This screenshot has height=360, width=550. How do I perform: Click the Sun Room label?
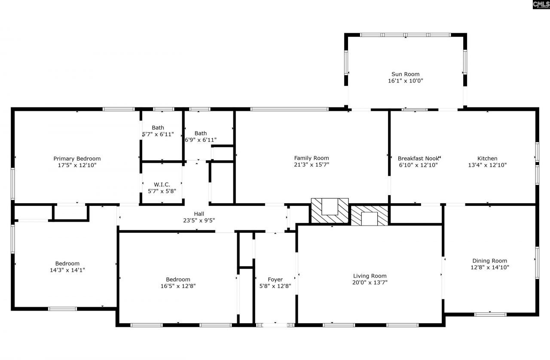coord(405,74)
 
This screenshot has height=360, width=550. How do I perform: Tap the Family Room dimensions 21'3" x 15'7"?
coord(312,165)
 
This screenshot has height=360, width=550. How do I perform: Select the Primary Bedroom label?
coord(77,159)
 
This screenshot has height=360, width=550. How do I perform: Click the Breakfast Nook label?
coord(418,158)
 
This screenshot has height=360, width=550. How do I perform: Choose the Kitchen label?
coord(487,158)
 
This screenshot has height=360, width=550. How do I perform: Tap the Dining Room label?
coord(489,261)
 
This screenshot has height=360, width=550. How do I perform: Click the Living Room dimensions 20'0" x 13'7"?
coord(370,283)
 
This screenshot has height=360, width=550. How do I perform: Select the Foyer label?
coord(275,279)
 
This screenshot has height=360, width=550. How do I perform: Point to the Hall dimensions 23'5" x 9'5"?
coord(199,220)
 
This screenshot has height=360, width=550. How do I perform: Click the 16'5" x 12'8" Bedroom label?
coord(178,279)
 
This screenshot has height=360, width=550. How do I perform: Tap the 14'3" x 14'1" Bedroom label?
coord(67,263)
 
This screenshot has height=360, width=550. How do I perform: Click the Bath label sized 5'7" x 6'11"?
coord(158,128)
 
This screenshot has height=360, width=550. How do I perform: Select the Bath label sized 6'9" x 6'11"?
coord(200,133)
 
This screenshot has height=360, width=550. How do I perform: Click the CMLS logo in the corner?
coord(541,5)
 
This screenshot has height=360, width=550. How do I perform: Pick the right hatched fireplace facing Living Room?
coord(369,215)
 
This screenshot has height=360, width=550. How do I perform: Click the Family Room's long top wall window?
coord(290,109)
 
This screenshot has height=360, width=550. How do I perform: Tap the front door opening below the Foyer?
coord(275,325)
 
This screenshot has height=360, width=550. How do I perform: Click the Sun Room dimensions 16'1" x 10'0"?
coord(405,81)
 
